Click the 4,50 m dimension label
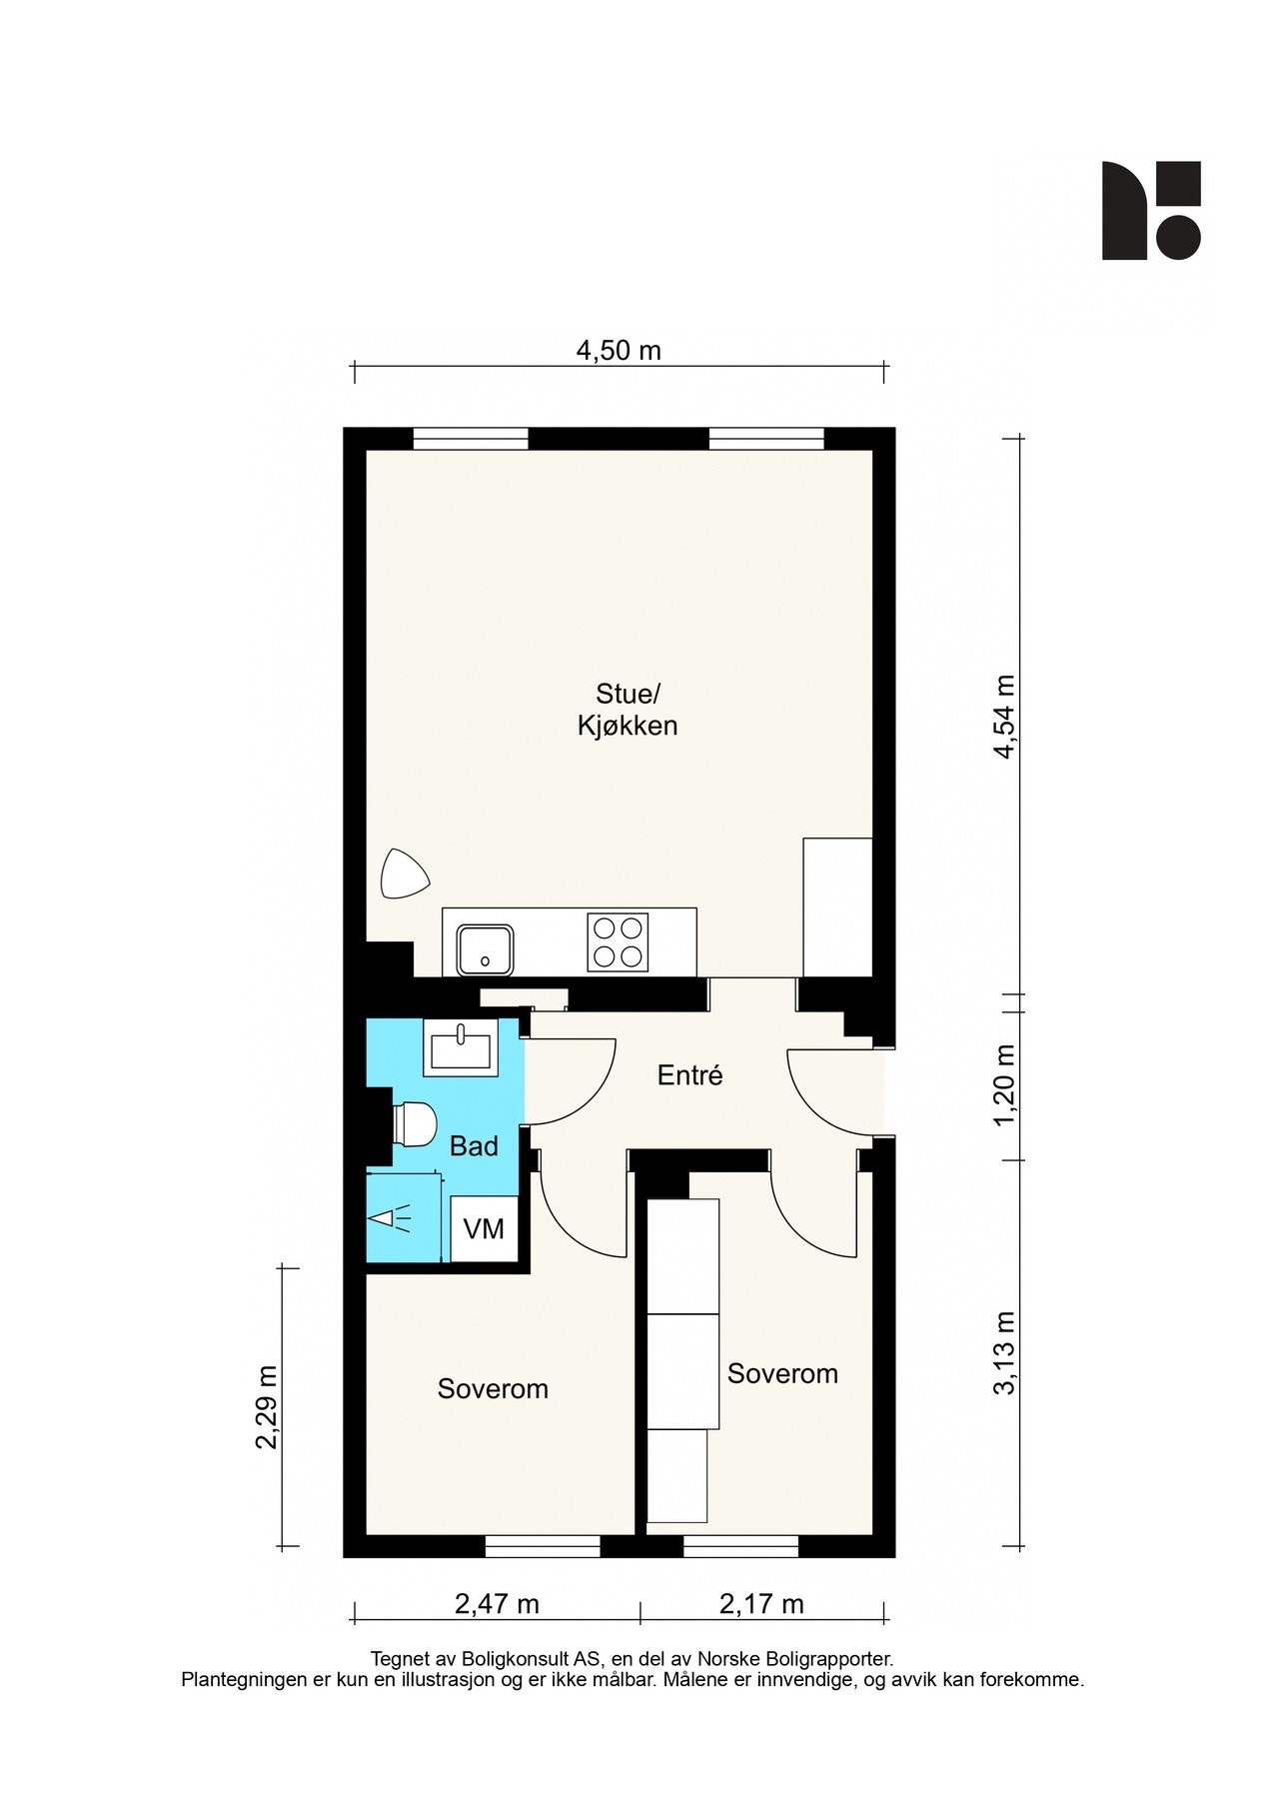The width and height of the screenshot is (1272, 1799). coord(619,351)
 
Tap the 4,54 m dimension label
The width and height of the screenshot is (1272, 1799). coord(1003,717)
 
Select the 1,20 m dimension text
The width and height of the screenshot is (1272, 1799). coord(1003,1085)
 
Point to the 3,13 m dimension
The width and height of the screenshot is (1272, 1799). coord(1003,1352)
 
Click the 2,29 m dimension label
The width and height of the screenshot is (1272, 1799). coord(266,1406)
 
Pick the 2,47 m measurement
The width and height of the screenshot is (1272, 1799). coord(497,1604)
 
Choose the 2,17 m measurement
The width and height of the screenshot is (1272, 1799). coord(761,1604)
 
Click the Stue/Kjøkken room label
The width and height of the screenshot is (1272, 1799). coord(628,710)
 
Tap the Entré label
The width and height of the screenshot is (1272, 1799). coord(689,1075)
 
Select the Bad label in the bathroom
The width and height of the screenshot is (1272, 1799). coord(474,1146)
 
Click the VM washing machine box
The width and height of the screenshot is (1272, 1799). coord(484,1228)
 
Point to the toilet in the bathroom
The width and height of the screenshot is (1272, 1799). coord(415,1124)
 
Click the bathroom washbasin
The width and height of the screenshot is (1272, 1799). coord(461,1047)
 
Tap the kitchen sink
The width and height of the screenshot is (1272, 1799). coord(486,949)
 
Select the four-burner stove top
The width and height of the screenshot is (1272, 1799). coord(618,942)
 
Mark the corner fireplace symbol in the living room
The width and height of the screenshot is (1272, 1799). coord(403,875)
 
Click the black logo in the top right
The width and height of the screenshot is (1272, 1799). coord(1151,211)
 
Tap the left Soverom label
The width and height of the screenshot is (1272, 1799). coord(493,1389)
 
